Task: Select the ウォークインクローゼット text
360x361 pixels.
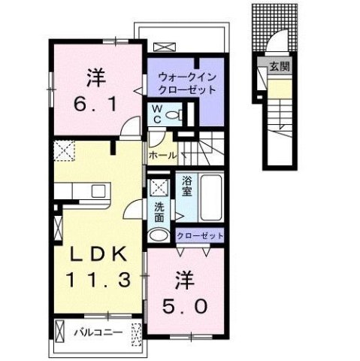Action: tap(187, 82)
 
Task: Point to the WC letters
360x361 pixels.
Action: tap(158, 114)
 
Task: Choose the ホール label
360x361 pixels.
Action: tap(163, 155)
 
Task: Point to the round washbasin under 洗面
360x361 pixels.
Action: tap(159, 235)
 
